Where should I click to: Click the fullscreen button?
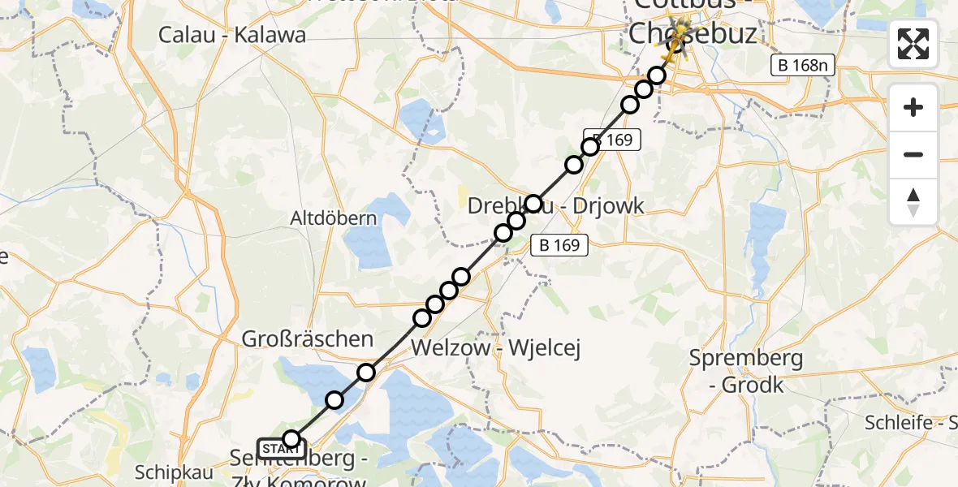click(x=913, y=43)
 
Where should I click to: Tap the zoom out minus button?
click(x=913, y=154)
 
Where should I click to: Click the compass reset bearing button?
click(x=913, y=201)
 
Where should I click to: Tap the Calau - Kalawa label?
click(x=232, y=35)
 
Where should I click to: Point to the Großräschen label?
click(x=308, y=339)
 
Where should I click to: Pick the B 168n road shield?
click(x=803, y=67)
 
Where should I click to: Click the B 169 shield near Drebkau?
click(x=559, y=244)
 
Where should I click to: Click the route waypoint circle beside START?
click(x=291, y=440)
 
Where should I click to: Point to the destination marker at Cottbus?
click(x=675, y=42)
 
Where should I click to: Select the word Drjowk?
click(x=607, y=206)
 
